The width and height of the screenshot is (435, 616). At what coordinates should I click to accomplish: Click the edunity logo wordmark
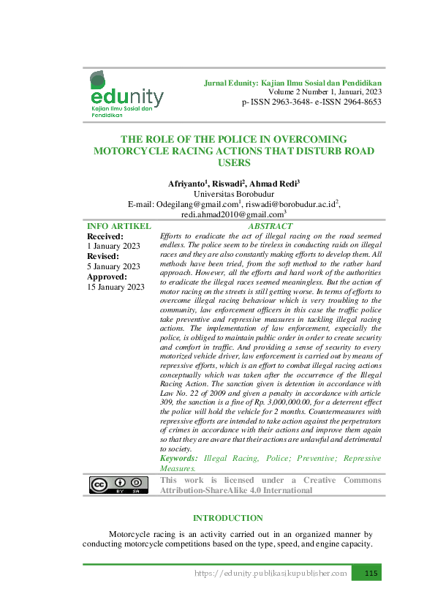[x=126, y=97]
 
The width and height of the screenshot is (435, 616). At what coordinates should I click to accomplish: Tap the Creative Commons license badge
[x=116, y=485]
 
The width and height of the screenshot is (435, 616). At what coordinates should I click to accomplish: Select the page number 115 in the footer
[x=370, y=573]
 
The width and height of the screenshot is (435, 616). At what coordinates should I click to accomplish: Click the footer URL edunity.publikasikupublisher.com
[x=271, y=573]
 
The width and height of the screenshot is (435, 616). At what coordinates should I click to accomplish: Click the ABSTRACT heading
[x=270, y=227]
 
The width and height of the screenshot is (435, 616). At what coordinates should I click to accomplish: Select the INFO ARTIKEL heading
[x=119, y=227]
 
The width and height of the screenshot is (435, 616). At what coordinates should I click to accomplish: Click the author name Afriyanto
[x=186, y=183]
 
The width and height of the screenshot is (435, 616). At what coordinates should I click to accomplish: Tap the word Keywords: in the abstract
[x=179, y=458]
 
